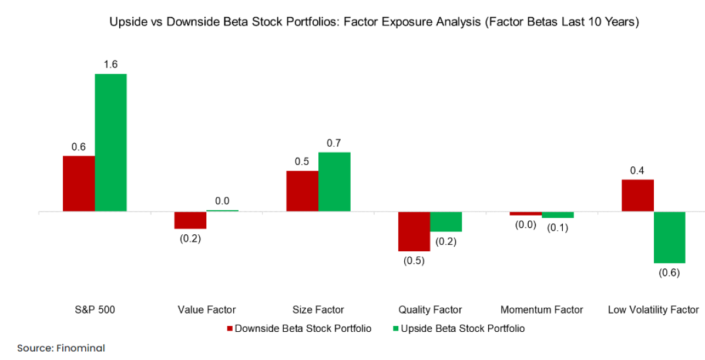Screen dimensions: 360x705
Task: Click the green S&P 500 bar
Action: pyautogui.click(x=111, y=142)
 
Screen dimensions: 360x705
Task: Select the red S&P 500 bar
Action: pyautogui.click(x=79, y=183)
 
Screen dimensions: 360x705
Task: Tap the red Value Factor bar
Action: pyautogui.click(x=190, y=220)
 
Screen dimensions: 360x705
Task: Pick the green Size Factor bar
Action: pyautogui.click(x=334, y=181)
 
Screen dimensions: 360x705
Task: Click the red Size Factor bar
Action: pyautogui.click(x=302, y=191)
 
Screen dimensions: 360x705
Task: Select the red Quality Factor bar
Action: pyautogui.click(x=414, y=231)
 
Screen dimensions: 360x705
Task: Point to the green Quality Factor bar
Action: pyautogui.click(x=446, y=221)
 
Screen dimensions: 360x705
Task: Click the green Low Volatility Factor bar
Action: pyautogui.click(x=670, y=237)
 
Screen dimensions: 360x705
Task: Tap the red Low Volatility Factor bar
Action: pyautogui.click(x=637, y=195)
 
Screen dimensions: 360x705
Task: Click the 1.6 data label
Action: pyautogui.click(x=111, y=65)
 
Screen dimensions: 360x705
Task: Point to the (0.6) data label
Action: pyautogui.click(x=670, y=272)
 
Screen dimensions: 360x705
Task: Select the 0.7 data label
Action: pyautogui.click(x=334, y=143)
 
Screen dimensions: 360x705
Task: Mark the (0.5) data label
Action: pyautogui.click(x=414, y=261)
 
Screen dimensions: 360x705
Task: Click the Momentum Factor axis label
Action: pyautogui.click(x=542, y=309)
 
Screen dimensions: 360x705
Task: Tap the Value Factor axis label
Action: pyautogui.click(x=206, y=309)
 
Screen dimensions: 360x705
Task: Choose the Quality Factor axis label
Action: pyautogui.click(x=430, y=309)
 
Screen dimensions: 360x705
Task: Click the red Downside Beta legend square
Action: pyautogui.click(x=230, y=328)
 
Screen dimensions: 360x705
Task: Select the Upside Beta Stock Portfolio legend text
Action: pyautogui.click(x=462, y=328)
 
